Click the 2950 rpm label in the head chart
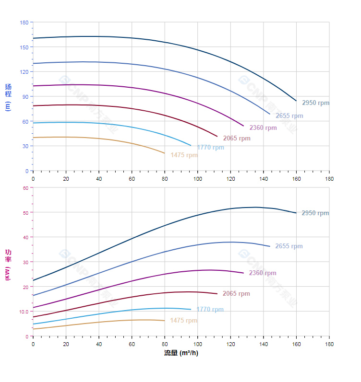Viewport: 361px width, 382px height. click(315, 103)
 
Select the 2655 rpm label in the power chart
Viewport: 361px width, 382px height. click(289, 246)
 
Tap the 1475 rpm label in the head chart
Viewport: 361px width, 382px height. click(184, 155)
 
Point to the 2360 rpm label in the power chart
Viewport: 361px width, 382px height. click(263, 273)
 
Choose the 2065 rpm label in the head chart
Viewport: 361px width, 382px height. click(237, 139)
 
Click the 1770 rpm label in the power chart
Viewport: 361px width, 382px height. click(210, 310)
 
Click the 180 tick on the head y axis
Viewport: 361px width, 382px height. click(24, 23)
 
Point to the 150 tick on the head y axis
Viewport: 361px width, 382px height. click(24, 47)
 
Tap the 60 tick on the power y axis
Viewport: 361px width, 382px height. click(25, 188)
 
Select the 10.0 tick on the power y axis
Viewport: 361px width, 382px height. click(24, 312)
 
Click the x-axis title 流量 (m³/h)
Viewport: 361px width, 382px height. click(181, 353)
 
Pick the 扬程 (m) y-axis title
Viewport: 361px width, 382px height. click(8, 97)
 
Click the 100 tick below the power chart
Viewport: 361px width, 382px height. click(197, 344)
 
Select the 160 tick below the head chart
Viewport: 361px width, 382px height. click(296, 179)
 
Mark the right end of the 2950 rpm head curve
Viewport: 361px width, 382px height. click(296, 101)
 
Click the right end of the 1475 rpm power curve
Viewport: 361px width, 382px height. click(165, 321)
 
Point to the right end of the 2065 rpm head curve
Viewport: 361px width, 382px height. click(217, 137)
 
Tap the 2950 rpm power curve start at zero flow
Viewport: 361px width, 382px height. click(33, 280)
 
